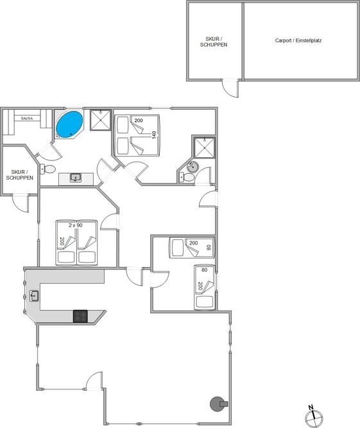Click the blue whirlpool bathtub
[69, 124]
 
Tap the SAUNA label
[27, 119]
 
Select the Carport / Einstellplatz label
[298, 40]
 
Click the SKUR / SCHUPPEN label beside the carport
[214, 42]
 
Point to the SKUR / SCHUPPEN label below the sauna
[20, 175]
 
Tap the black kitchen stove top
[80, 316]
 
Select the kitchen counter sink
[34, 296]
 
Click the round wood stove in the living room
[219, 404]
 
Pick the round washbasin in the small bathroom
[193, 167]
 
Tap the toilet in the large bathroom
[47, 169]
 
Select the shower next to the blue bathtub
[101, 120]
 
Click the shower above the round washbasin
[205, 148]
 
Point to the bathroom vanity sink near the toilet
[75, 178]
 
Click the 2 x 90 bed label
[76, 225]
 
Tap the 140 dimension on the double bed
[154, 135]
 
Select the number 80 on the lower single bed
[205, 270]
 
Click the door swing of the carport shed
[230, 88]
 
